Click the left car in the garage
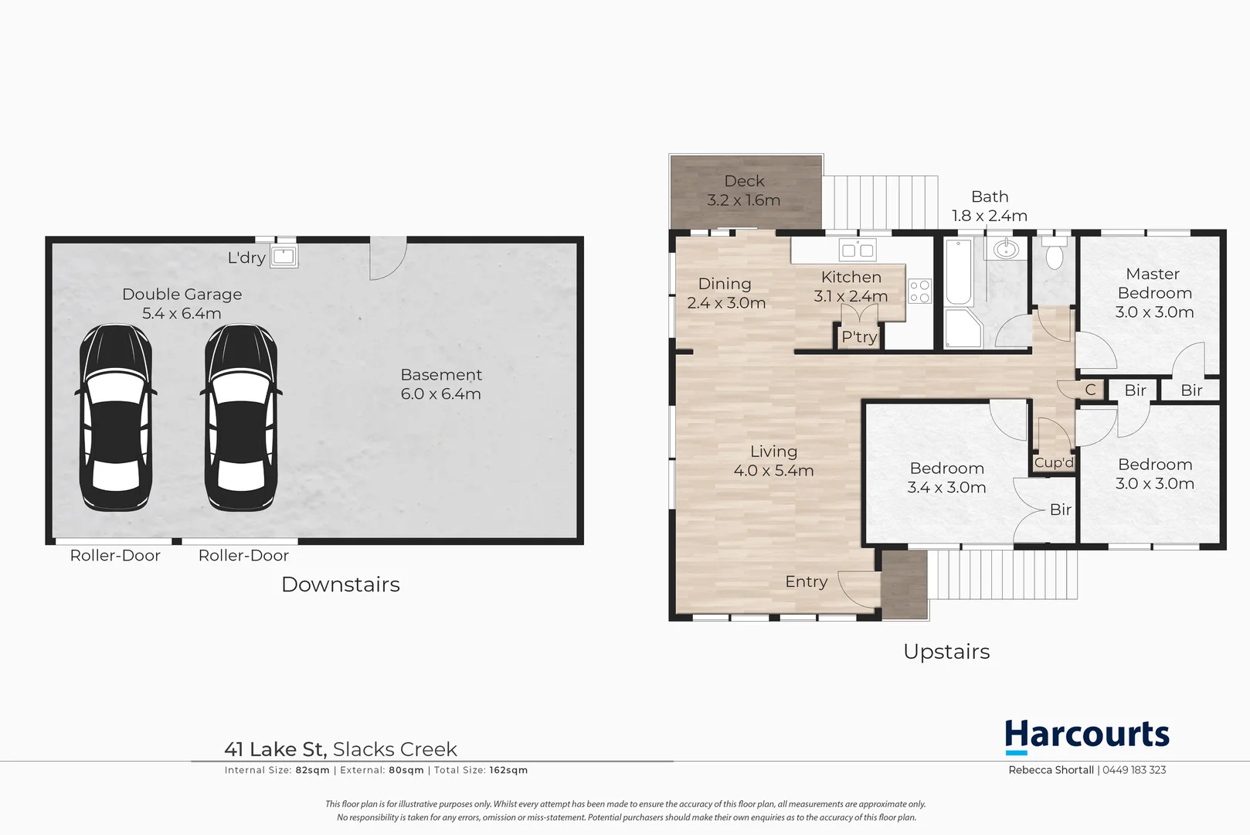[116, 417]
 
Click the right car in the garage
[241, 417]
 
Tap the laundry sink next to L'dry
[284, 256]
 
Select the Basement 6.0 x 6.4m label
[440, 384]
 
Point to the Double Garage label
[182, 295]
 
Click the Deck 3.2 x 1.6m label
[744, 190]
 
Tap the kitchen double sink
[857, 250]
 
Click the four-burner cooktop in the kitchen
[919, 291]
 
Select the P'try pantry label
[859, 337]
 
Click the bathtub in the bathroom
[959, 273]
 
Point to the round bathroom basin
[1006, 249]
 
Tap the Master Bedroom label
[1153, 292]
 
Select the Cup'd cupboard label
[1054, 463]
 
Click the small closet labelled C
[1090, 390]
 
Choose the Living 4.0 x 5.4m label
[773, 461]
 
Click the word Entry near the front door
[806, 581]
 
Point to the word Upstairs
[946, 652]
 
